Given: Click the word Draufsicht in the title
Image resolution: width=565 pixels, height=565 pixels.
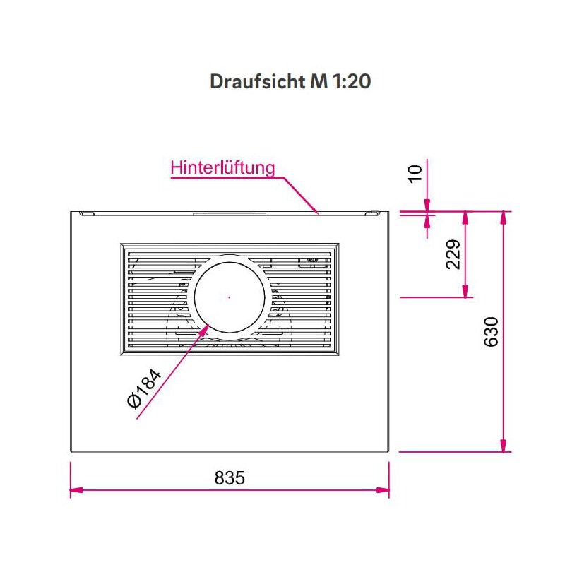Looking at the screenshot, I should pos(257,81).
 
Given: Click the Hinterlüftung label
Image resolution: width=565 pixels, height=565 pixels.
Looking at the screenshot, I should pos(222,168).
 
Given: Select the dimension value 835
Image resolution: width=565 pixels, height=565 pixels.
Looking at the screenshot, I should pos(230,478).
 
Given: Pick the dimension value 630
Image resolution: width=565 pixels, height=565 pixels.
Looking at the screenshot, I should pos(492,331).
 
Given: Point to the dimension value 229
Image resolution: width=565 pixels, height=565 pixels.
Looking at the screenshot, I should pos(453,254).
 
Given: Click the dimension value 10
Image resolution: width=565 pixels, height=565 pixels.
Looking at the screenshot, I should pos(415,172).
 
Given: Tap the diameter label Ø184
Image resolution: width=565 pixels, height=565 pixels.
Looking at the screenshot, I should pos(145,388).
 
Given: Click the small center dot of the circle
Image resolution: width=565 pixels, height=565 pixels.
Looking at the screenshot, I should pos(229,297).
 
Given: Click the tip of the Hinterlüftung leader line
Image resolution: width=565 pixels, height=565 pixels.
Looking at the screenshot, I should pos(318,210).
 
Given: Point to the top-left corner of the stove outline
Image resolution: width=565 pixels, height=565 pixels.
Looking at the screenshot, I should pos(71,211).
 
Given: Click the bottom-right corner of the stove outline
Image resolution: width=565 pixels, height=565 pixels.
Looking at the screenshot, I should pos(388,451).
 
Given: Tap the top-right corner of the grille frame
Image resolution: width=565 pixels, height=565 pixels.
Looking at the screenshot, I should pos(338,245).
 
